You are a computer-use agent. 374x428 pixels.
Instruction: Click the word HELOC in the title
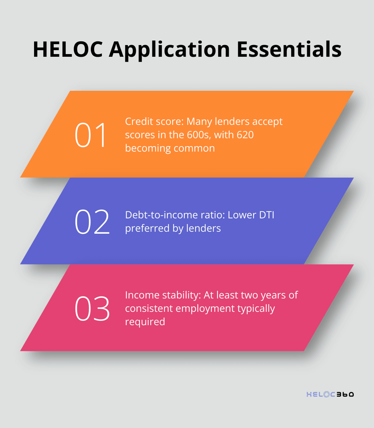pos(68,49)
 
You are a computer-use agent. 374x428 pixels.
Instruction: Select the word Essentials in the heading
pos(289,49)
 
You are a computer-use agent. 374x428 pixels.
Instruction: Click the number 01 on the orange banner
pos(91,135)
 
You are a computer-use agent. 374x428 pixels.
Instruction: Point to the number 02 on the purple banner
pos(92,222)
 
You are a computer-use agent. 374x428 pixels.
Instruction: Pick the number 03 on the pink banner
pos(92,308)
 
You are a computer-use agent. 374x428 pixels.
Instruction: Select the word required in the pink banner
pos(145,322)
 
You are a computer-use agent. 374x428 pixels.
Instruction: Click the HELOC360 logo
pos(330,394)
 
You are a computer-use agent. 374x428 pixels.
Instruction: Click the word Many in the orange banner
pos(199,122)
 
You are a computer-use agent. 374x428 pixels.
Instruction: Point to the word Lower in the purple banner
pos(238,215)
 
